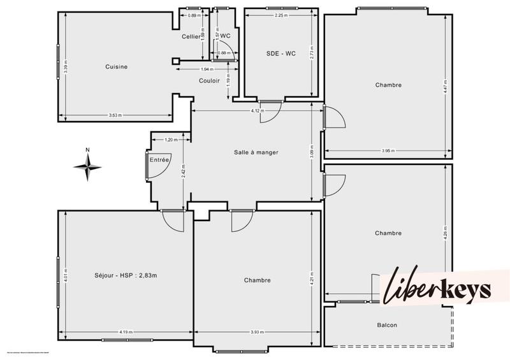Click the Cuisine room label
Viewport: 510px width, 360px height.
pyautogui.click(x=117, y=67)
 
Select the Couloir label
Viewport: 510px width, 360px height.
pyautogui.click(x=209, y=81)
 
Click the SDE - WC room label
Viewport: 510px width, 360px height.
pyautogui.click(x=280, y=54)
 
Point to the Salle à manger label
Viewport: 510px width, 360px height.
pyautogui.click(x=256, y=152)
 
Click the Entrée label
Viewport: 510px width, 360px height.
pyautogui.click(x=159, y=160)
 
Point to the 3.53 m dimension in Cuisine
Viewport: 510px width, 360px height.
pyautogui.click(x=115, y=115)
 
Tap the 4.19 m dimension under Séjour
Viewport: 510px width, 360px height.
pyautogui.click(x=125, y=331)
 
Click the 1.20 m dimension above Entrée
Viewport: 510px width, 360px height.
pyautogui.click(x=170, y=140)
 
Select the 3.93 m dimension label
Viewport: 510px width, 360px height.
pyautogui.click(x=256, y=331)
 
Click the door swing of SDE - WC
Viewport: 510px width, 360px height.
pyautogui.click(x=270, y=112)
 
